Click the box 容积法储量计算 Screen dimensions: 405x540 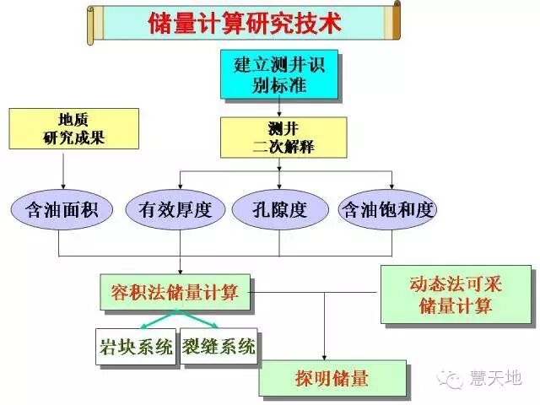pyautogui.click(x=175, y=293)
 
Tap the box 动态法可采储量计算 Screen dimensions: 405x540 pyautogui.click(x=456, y=296)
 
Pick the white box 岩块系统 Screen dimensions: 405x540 pyautogui.click(x=135, y=347)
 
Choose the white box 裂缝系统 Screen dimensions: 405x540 pyautogui.click(x=219, y=347)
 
